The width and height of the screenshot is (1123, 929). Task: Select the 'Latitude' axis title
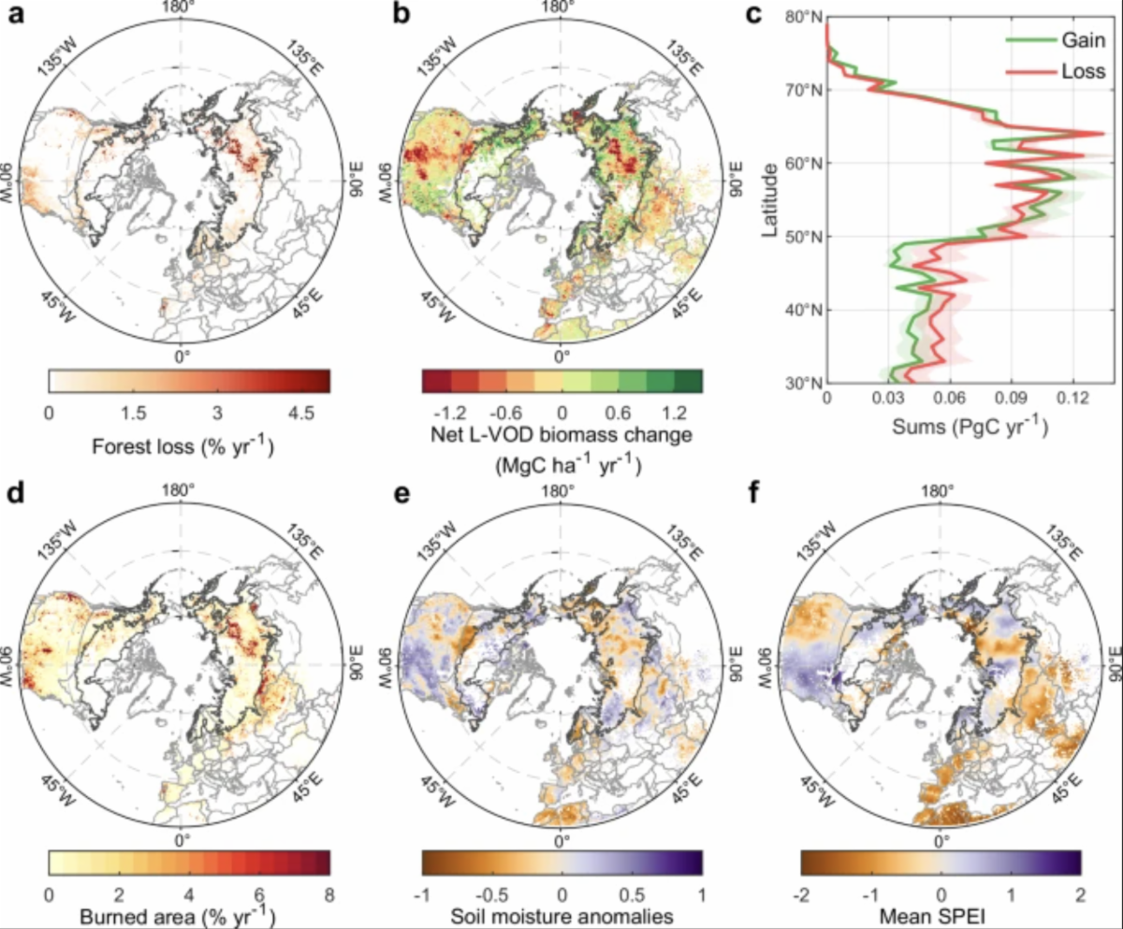771,200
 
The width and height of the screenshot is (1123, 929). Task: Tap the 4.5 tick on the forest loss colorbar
300,414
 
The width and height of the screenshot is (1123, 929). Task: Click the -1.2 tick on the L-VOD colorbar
452,414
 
